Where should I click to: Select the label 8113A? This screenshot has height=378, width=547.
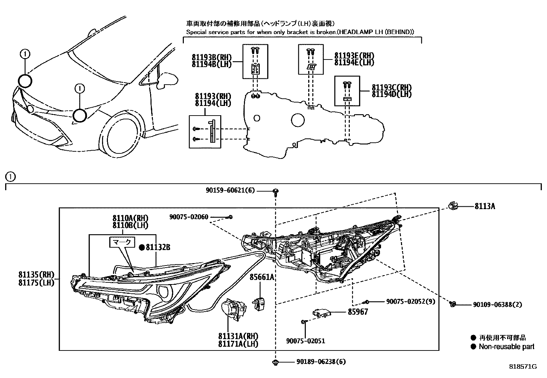[484, 206]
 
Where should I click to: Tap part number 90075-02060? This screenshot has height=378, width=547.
[189, 217]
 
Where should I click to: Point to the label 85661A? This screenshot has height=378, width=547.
[261, 277]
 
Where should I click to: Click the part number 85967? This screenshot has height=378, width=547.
[358, 312]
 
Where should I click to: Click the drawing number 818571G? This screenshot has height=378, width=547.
[523, 367]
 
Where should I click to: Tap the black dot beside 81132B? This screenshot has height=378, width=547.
[142, 247]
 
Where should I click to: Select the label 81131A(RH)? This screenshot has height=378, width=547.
[238, 336]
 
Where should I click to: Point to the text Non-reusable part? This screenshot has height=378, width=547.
[506, 347]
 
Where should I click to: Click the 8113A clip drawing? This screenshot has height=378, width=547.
[453, 206]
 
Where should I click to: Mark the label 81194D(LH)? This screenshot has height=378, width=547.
[391, 94]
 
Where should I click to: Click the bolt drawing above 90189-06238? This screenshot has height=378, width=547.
[275, 361]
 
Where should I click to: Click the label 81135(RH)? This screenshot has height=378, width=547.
[36, 274]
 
